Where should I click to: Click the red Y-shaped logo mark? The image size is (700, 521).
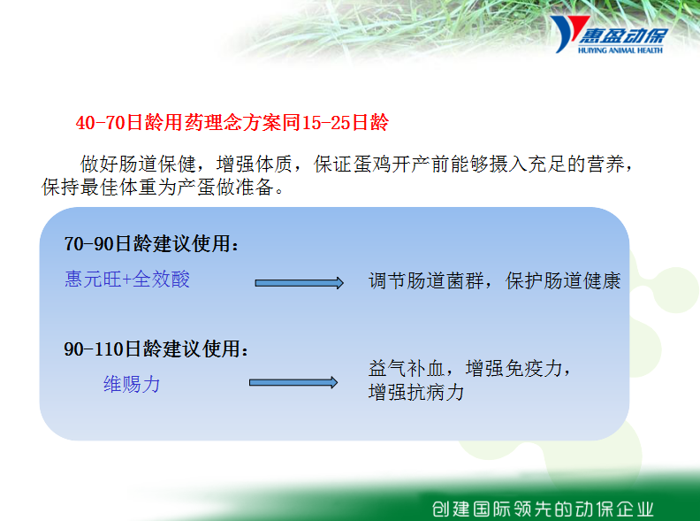[x=567, y=32]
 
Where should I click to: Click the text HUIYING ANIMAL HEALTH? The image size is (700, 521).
[x=620, y=50]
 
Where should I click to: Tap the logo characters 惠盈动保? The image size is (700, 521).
[x=623, y=36]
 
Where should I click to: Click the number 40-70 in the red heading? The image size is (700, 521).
[x=101, y=122]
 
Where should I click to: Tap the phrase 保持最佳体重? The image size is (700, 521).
[x=100, y=187]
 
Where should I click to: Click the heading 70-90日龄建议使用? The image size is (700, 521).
[x=152, y=244]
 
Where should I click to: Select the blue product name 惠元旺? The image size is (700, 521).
[x=93, y=280]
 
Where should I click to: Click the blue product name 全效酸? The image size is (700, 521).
[x=161, y=280]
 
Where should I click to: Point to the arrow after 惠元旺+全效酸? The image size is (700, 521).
[x=299, y=283]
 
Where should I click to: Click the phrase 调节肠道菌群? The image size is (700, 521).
[x=426, y=281]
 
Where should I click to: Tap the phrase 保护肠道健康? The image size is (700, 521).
[x=563, y=281]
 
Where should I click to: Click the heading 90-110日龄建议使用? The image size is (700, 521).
[x=156, y=349]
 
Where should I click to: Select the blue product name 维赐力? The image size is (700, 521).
[x=132, y=384]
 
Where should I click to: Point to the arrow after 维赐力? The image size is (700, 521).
[x=293, y=382]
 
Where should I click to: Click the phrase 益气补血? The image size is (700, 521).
[x=407, y=369]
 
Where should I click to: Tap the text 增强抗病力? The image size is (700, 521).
[x=416, y=393]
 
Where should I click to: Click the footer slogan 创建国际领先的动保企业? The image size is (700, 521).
[x=543, y=510]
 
